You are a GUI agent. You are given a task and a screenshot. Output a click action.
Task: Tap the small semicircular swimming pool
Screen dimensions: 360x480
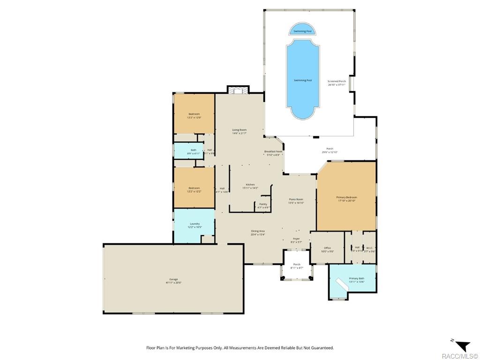pos(302,30)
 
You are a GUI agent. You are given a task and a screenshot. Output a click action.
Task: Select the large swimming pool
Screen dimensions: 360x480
pos(303,80)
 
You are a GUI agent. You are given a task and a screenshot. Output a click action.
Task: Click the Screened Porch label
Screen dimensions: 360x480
pos(337,83)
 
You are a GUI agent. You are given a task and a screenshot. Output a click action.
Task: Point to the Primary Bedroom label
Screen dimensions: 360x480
pos(346,199)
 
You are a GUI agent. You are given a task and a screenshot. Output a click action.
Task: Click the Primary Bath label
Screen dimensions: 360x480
pos(356,280)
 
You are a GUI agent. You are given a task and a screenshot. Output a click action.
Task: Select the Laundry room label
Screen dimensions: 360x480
pos(194,225)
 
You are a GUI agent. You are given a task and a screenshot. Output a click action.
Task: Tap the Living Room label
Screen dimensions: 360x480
pos(239,131)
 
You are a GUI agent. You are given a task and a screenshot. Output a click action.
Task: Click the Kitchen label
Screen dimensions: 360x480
pos(250,186)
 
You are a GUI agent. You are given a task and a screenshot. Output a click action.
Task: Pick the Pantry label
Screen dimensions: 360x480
pos(263,205)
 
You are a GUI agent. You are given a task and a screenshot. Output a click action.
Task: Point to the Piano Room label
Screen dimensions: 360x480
pos(296,201)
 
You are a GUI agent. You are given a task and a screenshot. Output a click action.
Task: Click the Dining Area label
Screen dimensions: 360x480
pos(258,232)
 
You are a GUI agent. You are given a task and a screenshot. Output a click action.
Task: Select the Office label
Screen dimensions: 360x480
pos(327,249)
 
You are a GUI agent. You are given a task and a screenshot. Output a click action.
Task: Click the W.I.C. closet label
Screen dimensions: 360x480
pos(369,249)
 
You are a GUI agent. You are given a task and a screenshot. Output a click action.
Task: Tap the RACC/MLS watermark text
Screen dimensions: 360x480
pos(459,355)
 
